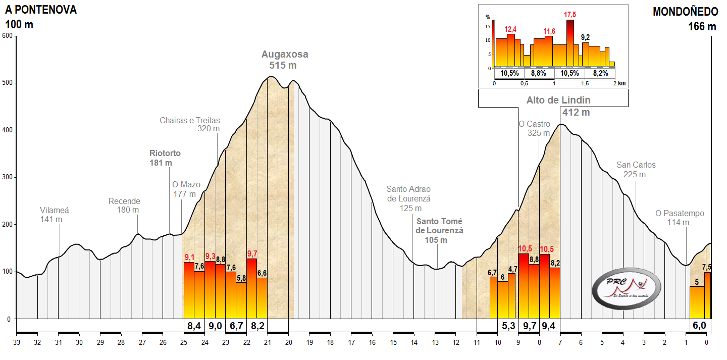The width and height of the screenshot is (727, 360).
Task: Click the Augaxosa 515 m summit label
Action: tap(284, 60)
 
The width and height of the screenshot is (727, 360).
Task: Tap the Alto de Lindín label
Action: tap(558, 100)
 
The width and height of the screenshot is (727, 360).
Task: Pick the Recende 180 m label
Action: tap(124, 205)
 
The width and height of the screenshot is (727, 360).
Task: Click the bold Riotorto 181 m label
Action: tap(165, 158)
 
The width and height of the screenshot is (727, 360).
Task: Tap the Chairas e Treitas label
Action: tap(190, 124)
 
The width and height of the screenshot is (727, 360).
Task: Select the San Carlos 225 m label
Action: tap(636, 170)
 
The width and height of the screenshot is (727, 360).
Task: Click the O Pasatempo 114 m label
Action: tap(679, 218)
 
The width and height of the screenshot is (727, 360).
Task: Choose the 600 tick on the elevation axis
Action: tap(7, 36)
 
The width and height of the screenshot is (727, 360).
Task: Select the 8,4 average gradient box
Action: tap(194, 326)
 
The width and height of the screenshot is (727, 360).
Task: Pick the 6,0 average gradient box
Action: tap(699, 326)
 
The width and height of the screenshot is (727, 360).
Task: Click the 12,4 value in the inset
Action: tap(511, 30)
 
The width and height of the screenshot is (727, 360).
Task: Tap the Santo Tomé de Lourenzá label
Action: tap(439, 230)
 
